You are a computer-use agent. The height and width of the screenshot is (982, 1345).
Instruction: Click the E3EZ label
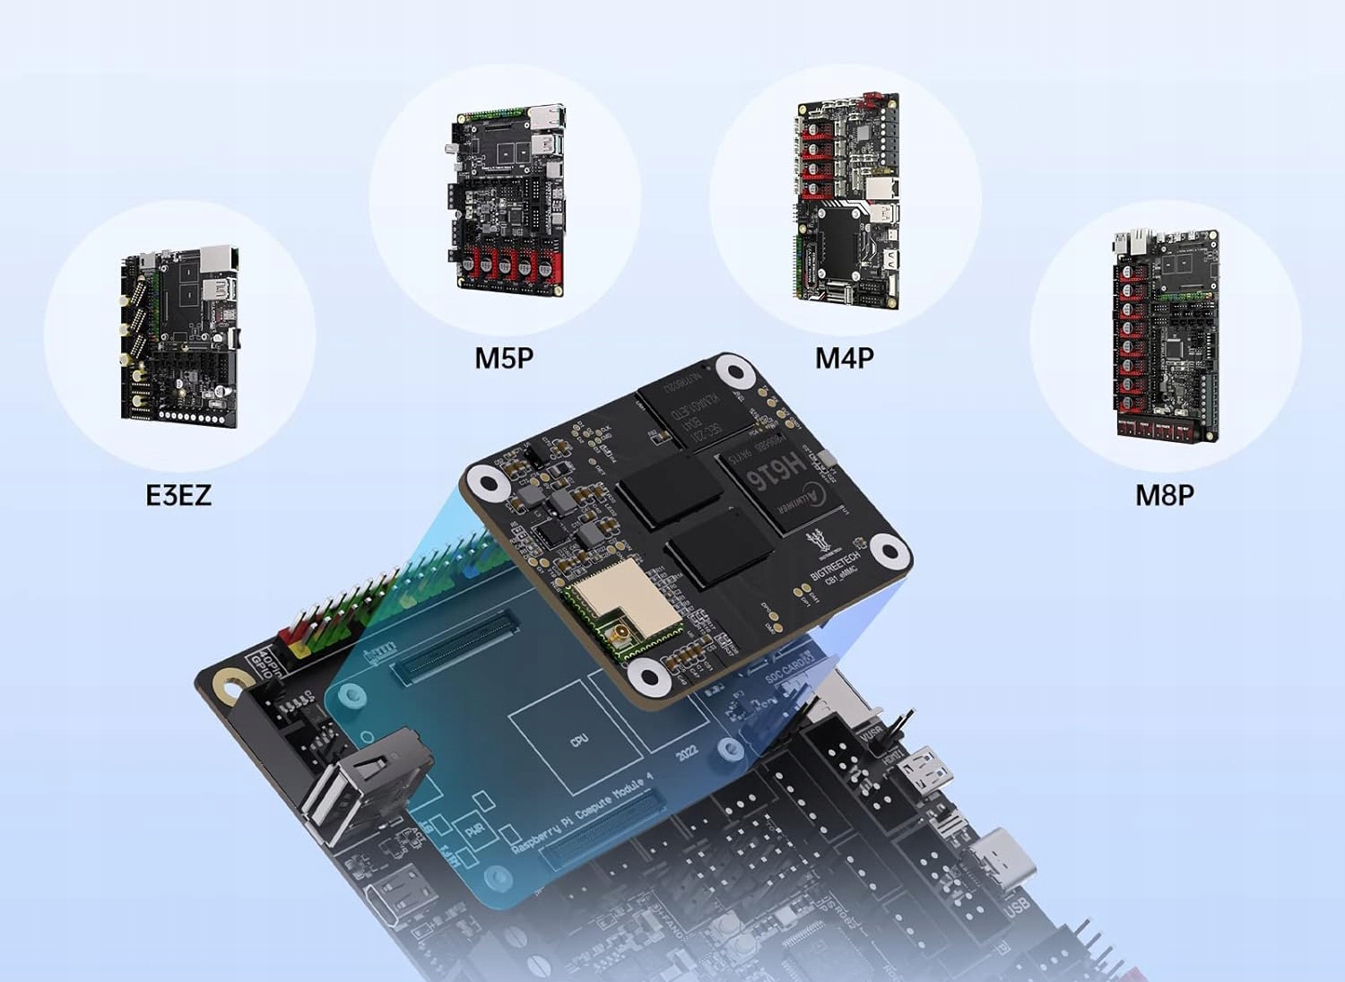178,495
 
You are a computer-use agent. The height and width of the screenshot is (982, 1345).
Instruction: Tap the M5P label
504,358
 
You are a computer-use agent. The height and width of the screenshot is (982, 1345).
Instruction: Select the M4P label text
844,358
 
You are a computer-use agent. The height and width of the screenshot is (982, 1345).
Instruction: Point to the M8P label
1164,495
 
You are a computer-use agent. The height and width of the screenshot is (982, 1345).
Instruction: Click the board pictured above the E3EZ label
180,335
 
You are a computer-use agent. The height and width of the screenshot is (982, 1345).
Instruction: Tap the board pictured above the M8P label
1167,335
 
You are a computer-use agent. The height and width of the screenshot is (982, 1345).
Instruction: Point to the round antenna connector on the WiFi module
619,639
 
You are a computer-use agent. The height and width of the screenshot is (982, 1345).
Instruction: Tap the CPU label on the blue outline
579,740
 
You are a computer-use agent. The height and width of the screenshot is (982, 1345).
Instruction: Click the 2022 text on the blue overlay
687,752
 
